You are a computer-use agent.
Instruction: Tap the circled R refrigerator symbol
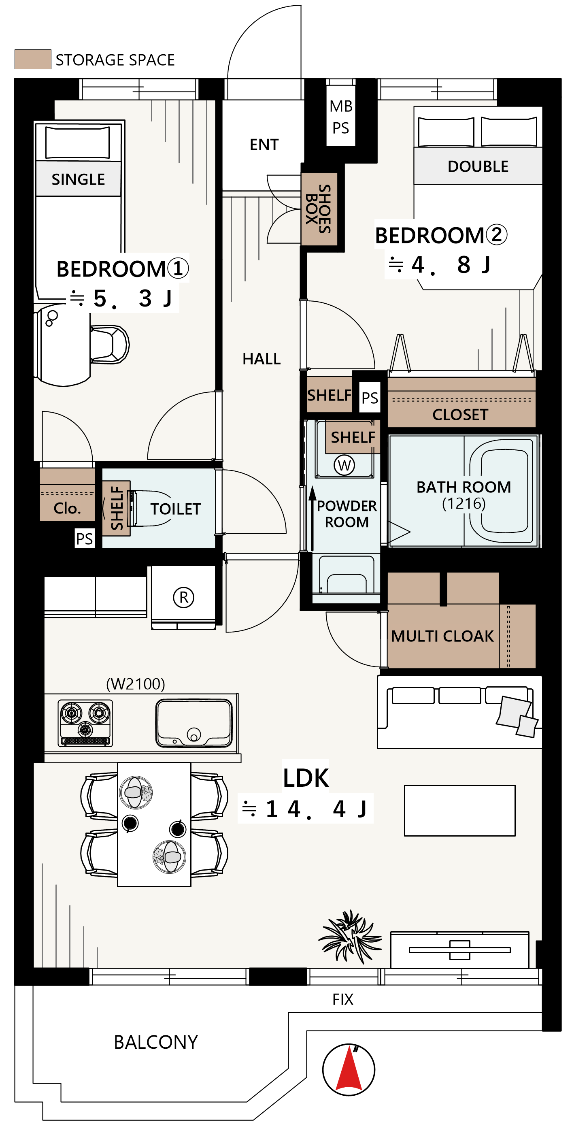[184, 597]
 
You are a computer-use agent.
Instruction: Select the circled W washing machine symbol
[344, 465]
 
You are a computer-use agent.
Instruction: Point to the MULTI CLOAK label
[442, 636]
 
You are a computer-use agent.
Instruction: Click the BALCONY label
[156, 1042]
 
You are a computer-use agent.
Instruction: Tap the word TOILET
[175, 509]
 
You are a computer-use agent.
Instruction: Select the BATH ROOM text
[464, 487]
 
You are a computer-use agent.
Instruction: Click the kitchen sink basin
[194, 723]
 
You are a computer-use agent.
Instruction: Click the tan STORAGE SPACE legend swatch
[33, 59]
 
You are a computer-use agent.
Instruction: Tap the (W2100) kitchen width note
[136, 684]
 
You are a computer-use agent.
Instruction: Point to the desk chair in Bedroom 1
[109, 344]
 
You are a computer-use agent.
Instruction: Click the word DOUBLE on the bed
[478, 166]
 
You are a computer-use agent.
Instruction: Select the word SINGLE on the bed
[78, 179]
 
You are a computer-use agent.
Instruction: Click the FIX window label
[343, 999]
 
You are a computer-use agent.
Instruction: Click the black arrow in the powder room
[312, 518]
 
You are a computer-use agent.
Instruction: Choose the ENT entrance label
[264, 144]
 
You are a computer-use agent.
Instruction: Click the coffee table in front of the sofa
[459, 810]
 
